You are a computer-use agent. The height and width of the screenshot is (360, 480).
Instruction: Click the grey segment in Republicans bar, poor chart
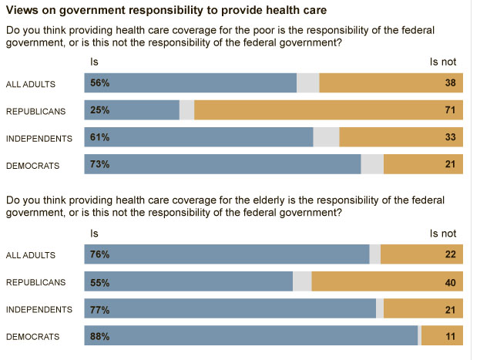tap(186, 110)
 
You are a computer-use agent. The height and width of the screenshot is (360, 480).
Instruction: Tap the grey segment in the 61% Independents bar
tap(326, 137)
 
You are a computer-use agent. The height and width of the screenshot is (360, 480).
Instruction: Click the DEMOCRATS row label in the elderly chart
tap(33, 337)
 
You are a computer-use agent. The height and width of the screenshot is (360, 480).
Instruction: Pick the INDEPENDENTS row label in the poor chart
tap(39, 138)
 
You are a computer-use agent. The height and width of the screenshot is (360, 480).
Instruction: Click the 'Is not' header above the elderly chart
tap(443, 233)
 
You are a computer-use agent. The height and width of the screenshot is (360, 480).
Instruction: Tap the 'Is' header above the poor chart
tap(95, 60)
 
